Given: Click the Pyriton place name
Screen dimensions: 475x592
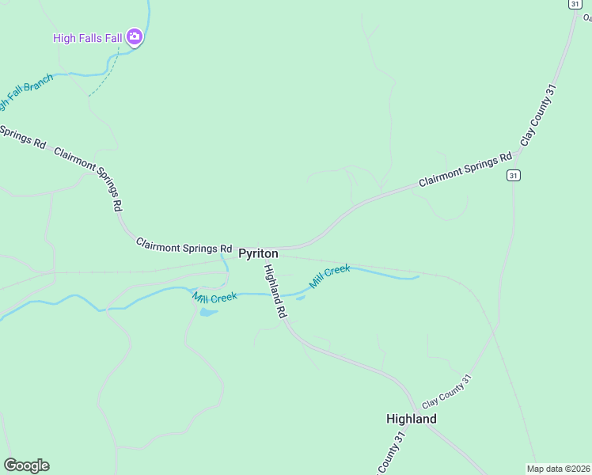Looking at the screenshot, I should point(258,253).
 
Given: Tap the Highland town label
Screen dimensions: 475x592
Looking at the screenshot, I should point(411,418).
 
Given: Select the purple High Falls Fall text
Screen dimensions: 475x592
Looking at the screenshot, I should point(88,37).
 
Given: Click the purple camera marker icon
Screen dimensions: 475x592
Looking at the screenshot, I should point(135,36).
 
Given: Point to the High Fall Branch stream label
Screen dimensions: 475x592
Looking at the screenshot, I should point(24,93).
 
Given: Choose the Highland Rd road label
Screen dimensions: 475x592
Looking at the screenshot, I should point(275,291).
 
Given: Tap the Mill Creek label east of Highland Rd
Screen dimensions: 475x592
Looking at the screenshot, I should point(329,275).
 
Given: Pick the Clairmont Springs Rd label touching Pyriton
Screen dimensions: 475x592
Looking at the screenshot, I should point(184,245).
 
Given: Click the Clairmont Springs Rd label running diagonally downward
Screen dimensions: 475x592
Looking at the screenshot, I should point(88,178).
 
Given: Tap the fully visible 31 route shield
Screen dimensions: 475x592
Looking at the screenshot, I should point(514,175).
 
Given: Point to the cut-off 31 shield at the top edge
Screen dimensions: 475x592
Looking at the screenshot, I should point(573,3).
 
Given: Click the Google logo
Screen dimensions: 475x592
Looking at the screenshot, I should point(26,465).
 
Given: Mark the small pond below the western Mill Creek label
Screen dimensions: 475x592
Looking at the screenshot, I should point(208,312).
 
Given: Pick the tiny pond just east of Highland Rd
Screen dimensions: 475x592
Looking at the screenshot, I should point(300,298).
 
